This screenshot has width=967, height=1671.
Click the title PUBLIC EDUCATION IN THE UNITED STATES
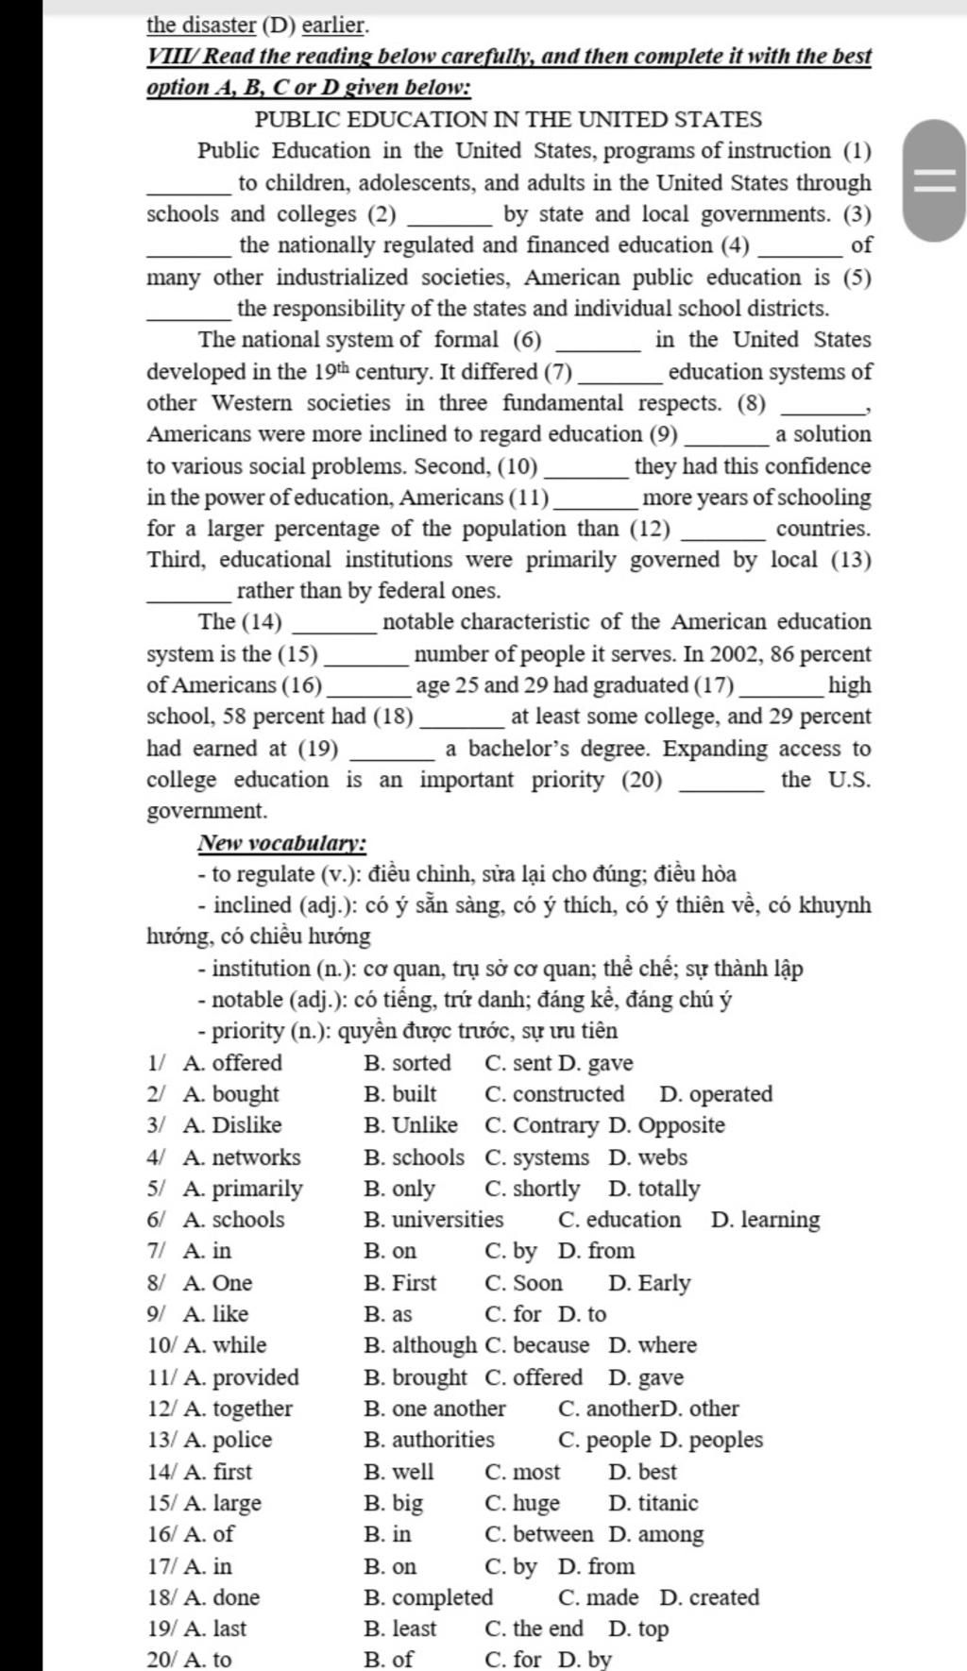pos(508,120)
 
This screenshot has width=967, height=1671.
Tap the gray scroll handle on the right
pos(934,180)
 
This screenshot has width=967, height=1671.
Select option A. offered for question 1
pos(233,1063)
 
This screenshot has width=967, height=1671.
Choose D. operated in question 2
pos(716,1094)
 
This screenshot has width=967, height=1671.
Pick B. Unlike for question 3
pos(411,1125)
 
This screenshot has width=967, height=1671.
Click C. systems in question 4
pos(536,1157)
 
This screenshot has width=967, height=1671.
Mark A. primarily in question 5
pos(244,1189)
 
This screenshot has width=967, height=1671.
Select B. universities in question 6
pos(433,1220)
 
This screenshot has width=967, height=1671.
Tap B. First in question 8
pos(400,1283)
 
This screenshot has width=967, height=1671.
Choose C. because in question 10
pos(536,1345)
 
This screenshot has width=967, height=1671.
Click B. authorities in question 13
pos(429,1440)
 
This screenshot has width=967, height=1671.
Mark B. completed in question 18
pos(429,1597)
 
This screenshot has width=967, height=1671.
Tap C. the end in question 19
pos(534,1629)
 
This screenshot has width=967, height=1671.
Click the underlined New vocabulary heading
pos(282,843)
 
